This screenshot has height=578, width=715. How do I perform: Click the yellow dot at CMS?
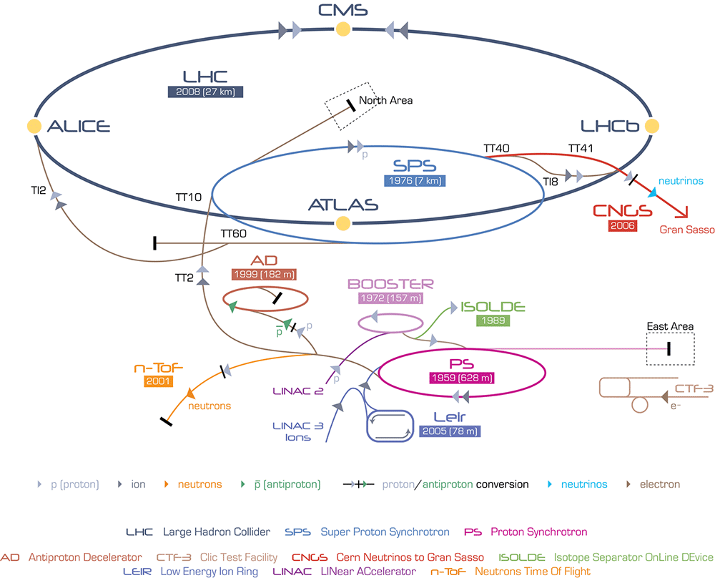pos(343,29)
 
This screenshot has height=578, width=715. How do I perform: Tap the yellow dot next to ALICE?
pos(34,127)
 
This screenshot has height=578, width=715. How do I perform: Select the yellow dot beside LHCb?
pos(651,127)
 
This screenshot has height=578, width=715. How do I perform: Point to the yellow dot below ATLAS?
pos(343,223)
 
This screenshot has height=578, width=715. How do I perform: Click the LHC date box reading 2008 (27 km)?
pos(205,92)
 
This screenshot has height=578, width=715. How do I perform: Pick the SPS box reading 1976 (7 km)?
pos(415,181)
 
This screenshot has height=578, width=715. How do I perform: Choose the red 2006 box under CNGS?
pos(622,226)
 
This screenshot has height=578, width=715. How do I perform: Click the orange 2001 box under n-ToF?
pos(158,381)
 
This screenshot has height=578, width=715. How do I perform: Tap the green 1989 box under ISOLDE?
pos(493,321)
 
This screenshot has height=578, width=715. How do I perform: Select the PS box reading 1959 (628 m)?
pos(461,378)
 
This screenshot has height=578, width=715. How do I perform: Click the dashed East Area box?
pos(669,348)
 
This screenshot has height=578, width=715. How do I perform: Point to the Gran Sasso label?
pos(686,230)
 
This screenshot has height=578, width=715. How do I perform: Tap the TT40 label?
pos(496,149)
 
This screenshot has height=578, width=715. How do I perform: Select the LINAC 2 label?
pos(297,391)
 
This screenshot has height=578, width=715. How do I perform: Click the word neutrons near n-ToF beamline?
pos(209,406)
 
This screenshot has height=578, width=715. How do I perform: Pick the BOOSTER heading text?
pos(390,284)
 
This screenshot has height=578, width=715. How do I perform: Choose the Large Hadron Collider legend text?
pos(217,532)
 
